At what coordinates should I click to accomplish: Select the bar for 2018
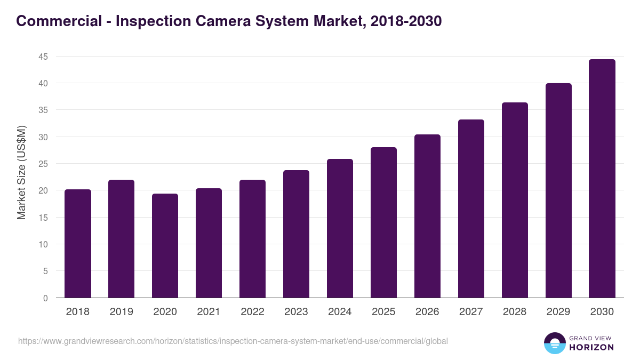click(x=78, y=244)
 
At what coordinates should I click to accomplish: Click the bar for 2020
click(x=165, y=246)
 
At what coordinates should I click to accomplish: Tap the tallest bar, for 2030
click(x=602, y=179)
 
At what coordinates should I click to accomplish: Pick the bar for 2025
click(x=383, y=222)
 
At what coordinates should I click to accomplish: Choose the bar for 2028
click(x=515, y=200)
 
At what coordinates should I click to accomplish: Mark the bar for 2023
click(x=296, y=234)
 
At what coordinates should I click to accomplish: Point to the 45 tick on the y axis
click(x=43, y=57)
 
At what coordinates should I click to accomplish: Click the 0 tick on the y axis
click(x=45, y=298)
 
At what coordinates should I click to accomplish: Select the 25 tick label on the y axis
click(x=43, y=164)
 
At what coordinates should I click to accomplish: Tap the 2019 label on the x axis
click(x=122, y=312)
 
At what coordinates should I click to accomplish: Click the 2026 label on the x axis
click(x=427, y=312)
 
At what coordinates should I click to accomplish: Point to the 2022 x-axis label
click(x=252, y=312)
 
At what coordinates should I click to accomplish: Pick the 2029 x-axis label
click(x=558, y=312)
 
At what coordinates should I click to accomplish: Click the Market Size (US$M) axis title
click(x=21, y=172)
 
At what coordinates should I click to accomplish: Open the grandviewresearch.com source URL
click(x=233, y=341)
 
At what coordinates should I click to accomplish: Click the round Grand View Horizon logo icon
click(x=555, y=343)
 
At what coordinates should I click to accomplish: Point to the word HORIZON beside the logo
click(x=591, y=347)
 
